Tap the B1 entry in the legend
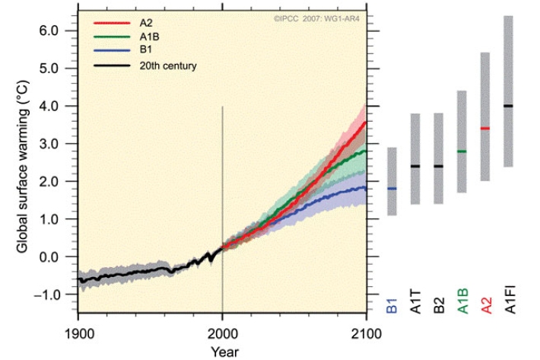coord(145,50)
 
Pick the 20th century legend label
coord(168,65)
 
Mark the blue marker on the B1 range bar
coord(392,188)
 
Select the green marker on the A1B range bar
coord(462,151)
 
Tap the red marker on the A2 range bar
coord(485,129)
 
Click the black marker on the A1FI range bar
coord(508,106)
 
